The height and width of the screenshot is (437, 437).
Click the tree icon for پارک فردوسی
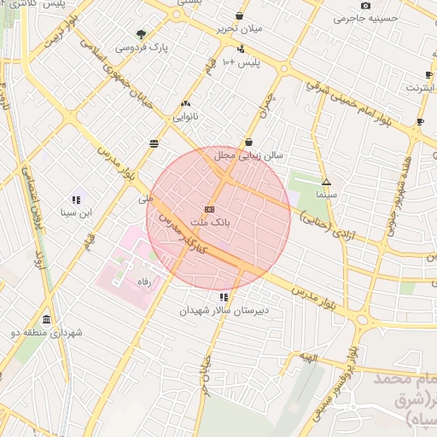click(141, 35)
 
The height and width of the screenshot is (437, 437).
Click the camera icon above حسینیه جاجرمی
click(366, 6)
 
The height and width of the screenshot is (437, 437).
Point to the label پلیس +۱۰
click(241, 63)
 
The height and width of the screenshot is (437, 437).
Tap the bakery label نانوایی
click(186, 116)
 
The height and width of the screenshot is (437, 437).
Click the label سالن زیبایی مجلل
click(248, 155)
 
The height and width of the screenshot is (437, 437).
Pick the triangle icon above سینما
click(325, 182)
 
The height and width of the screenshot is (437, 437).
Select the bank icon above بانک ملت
click(210, 209)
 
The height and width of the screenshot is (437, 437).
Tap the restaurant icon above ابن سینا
click(77, 199)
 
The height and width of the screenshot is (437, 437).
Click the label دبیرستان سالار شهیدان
click(224, 311)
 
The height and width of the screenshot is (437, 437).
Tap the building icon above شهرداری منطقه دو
click(46, 320)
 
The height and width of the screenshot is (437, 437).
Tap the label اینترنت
click(419, 87)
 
